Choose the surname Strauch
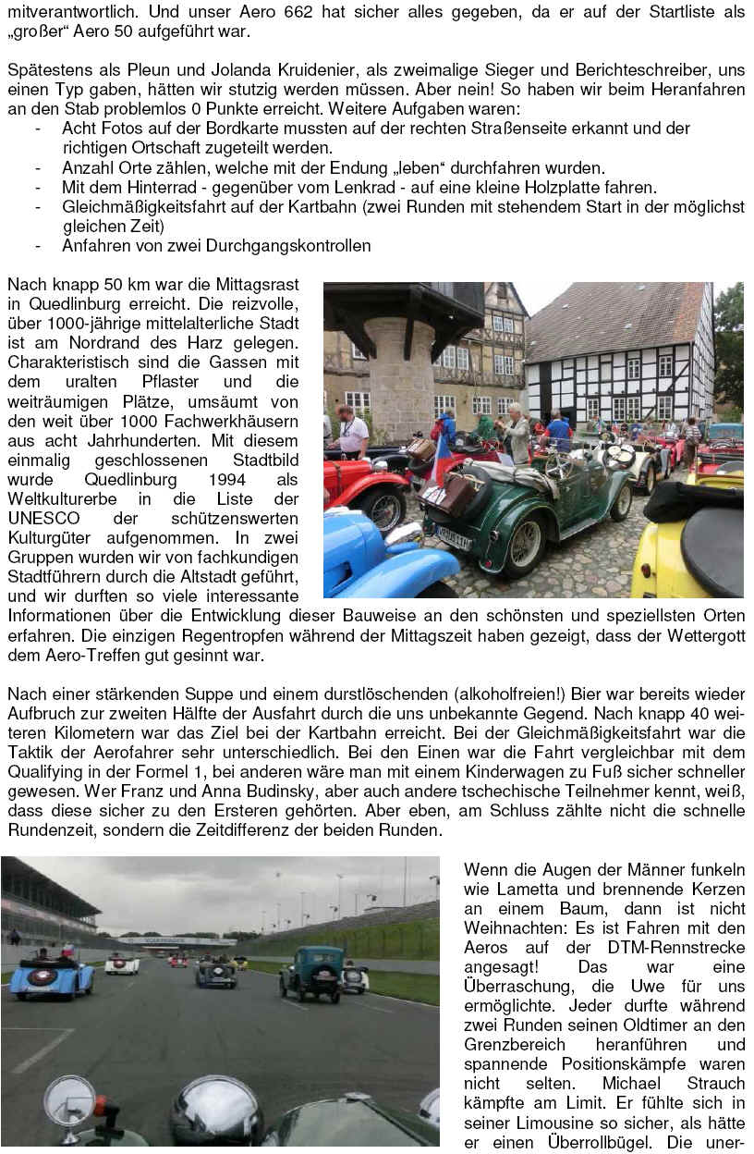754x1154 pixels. (714, 1083)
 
